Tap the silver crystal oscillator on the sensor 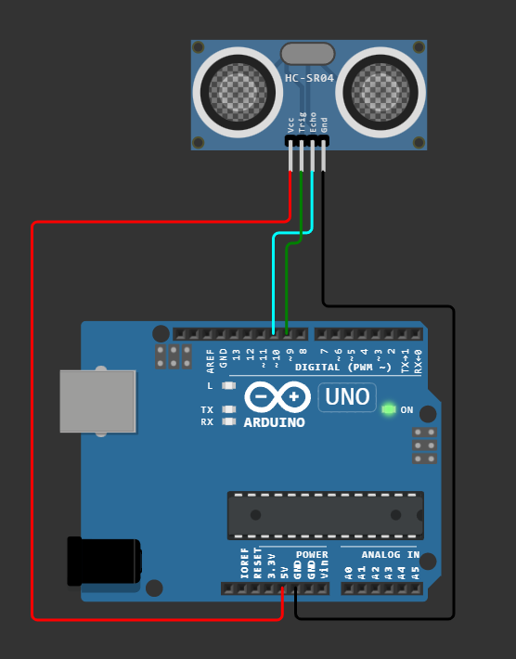click(x=307, y=54)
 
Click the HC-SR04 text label click(x=309, y=79)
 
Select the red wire click(x=32, y=418)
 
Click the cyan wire click(x=273, y=278)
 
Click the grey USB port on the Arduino click(x=97, y=401)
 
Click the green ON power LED click(x=388, y=409)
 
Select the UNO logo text click(x=347, y=398)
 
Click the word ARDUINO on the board click(x=274, y=423)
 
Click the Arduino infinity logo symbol click(x=277, y=397)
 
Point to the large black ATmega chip click(x=325, y=515)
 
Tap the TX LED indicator click(x=229, y=409)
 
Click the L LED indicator click(x=229, y=385)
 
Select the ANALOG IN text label click(x=390, y=555)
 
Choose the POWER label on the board click(x=312, y=555)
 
